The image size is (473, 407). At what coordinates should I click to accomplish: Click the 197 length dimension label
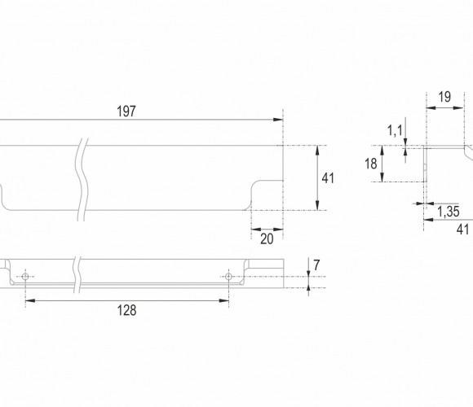tap(126, 112)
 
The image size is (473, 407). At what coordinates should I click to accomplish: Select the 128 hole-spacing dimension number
tap(126, 310)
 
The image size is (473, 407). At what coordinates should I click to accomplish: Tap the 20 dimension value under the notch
tap(267, 239)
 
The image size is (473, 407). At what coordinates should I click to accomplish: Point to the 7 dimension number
tap(316, 265)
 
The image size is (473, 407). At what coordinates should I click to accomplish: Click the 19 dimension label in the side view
tap(444, 97)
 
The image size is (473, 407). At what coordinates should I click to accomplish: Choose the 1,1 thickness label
tap(395, 131)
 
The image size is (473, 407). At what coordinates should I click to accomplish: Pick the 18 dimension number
tap(371, 164)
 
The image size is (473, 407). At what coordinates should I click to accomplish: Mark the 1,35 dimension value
tap(449, 212)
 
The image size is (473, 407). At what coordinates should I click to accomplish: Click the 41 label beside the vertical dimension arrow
tap(328, 178)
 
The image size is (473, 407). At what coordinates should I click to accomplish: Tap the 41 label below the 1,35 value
tap(462, 230)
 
